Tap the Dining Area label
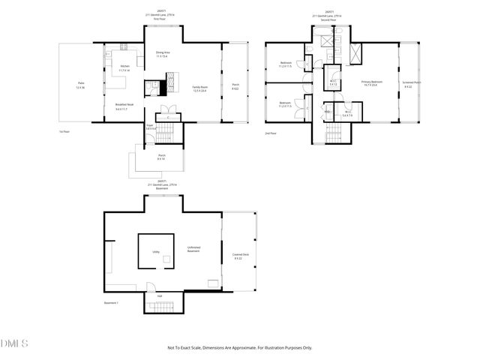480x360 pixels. pos(163,54)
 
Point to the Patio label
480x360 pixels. pos(80,86)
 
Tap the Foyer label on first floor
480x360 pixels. pos(150,127)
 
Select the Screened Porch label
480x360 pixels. pos(412,83)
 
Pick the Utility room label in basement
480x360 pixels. pos(156,252)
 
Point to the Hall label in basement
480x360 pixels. pos(159,295)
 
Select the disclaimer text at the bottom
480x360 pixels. pos(239,347)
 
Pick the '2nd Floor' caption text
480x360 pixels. pos(271,133)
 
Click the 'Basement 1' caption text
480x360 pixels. pos(112,302)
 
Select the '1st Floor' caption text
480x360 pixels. pos(64,131)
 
